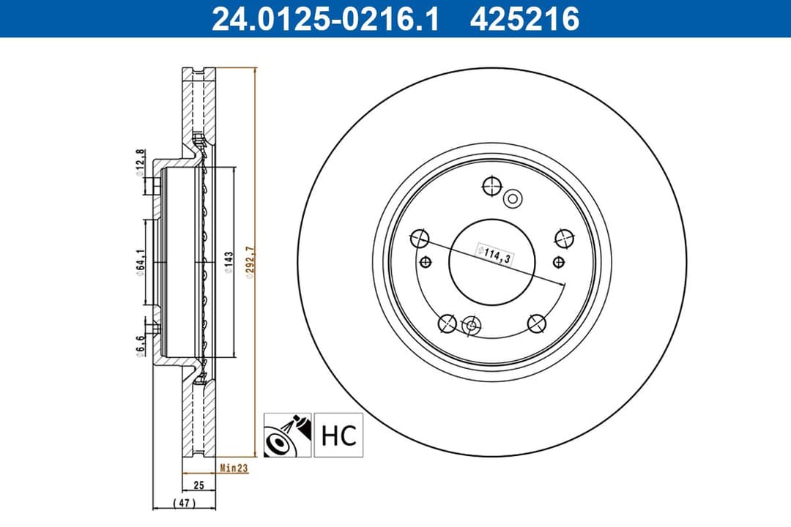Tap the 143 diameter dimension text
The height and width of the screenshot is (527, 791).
click(x=229, y=261)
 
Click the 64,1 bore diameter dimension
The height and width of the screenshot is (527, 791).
click(x=139, y=261)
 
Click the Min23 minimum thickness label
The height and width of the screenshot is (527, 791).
click(x=234, y=468)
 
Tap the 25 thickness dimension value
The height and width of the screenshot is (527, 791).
click(x=198, y=485)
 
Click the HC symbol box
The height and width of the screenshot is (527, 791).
click(x=338, y=435)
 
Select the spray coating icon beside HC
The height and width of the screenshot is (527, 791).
click(x=288, y=435)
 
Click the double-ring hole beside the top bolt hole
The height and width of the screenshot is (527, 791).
click(x=513, y=198)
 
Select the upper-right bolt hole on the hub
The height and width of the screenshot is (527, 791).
click(x=562, y=238)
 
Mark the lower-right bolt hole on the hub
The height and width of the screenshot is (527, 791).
click(x=535, y=322)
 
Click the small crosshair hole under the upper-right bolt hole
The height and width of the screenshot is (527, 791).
click(x=559, y=261)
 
